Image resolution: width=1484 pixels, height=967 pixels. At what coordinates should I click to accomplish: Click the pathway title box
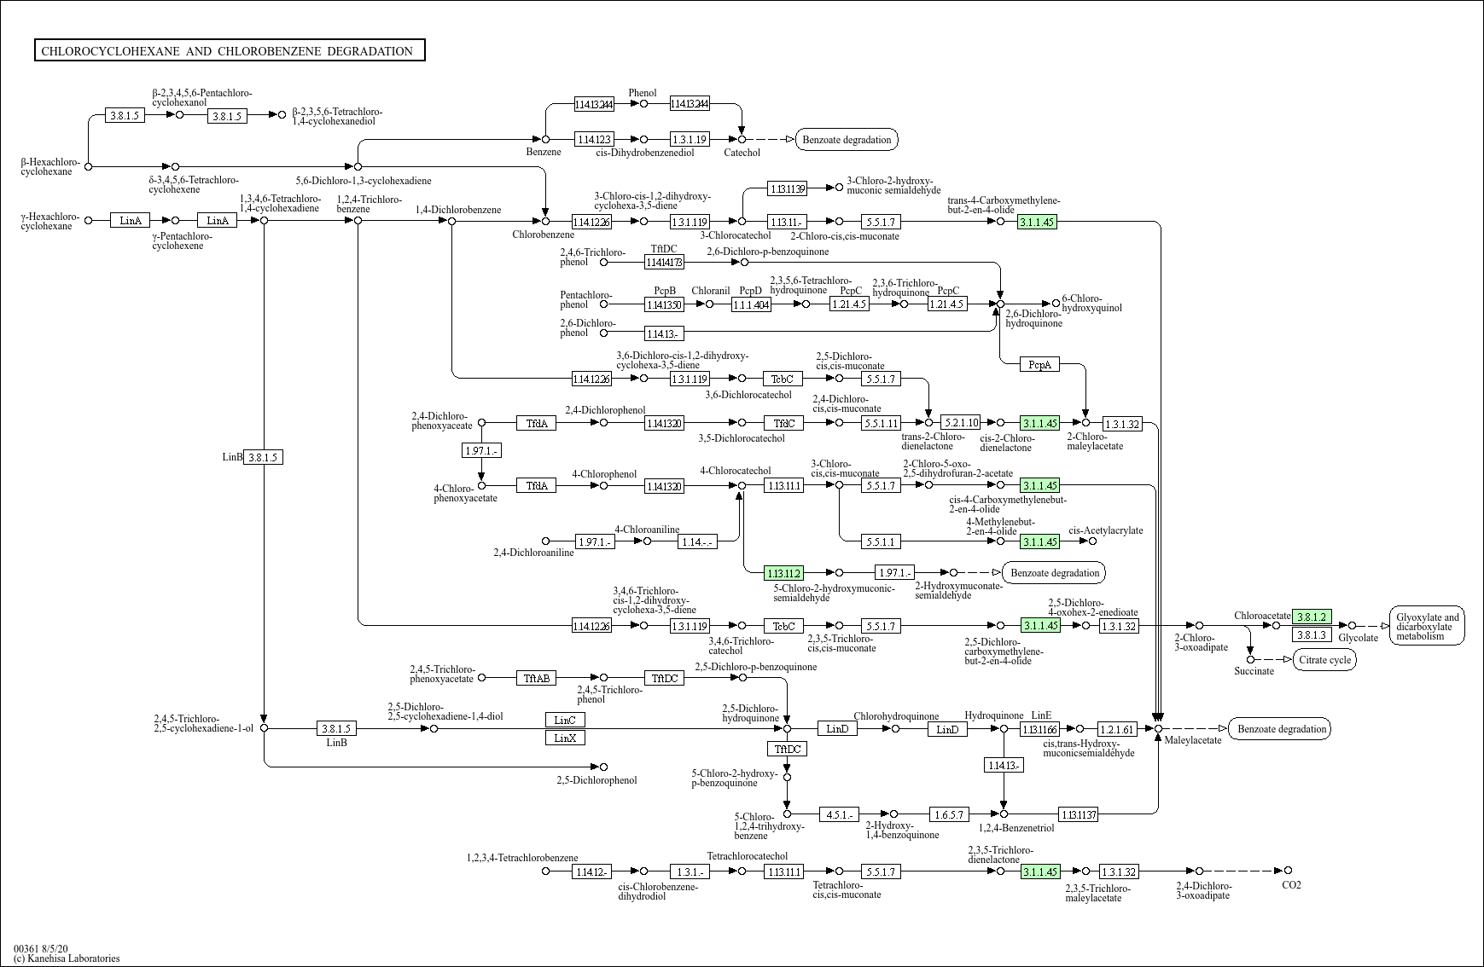230,51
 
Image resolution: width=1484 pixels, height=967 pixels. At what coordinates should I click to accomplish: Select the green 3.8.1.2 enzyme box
1311,617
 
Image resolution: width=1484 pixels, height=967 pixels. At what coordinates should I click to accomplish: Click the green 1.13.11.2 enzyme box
783,573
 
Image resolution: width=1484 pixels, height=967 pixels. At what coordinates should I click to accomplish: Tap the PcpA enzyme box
1039,365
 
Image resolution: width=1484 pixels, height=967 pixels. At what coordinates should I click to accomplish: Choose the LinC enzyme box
565,720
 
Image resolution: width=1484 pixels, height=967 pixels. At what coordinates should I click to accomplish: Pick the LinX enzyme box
565,738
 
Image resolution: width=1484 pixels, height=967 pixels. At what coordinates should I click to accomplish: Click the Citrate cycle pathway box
1324,659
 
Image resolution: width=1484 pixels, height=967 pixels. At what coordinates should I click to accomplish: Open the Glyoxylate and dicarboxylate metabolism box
1427,626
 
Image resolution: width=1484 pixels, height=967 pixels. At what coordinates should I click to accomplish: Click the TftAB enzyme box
536,678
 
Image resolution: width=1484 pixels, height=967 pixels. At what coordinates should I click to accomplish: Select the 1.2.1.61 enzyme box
1117,729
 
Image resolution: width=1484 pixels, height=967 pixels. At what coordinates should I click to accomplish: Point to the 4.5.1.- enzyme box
839,814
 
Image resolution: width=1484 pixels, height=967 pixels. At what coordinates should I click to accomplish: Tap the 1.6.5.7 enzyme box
948,814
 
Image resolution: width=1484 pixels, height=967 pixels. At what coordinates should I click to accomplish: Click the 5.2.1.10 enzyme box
960,423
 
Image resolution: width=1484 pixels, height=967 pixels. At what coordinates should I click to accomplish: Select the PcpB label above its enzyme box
665,291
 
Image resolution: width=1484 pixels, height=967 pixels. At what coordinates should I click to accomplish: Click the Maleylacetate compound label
1193,740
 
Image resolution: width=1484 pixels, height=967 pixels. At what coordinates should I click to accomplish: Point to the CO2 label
1291,885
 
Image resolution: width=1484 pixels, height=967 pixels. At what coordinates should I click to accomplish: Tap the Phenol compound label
643,93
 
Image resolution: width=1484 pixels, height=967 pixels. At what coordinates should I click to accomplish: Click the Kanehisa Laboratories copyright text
67,958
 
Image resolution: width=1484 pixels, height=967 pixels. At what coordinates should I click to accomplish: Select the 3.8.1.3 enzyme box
1311,634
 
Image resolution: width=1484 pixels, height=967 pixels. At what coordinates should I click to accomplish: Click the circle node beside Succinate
1250,659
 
